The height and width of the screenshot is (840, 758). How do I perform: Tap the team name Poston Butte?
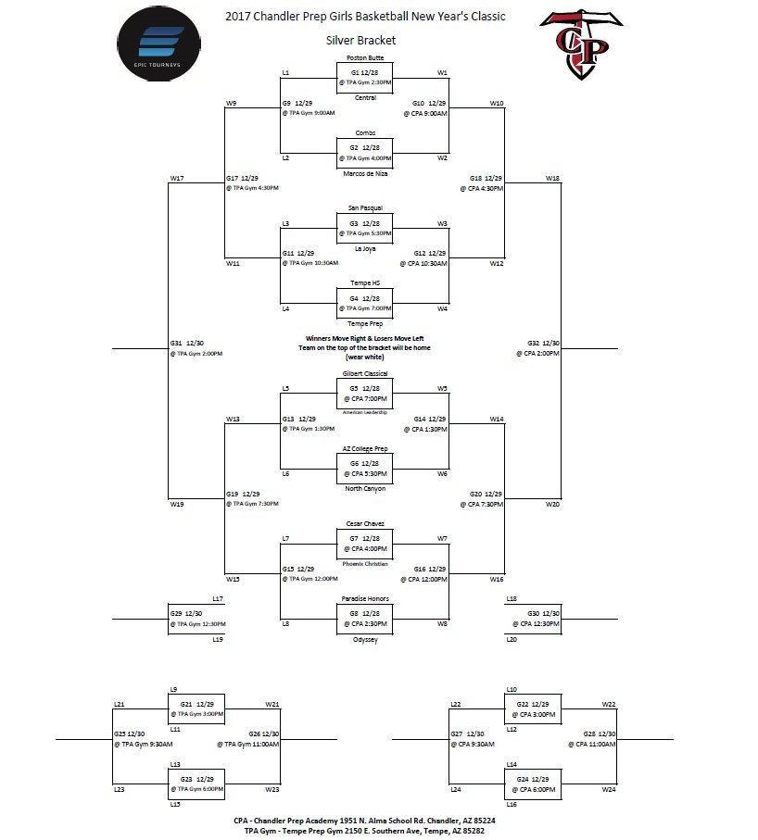(x=364, y=57)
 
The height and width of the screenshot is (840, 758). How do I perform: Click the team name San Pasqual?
(x=364, y=207)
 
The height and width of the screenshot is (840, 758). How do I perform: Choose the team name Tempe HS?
(x=364, y=282)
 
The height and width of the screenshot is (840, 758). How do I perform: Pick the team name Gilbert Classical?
(x=364, y=373)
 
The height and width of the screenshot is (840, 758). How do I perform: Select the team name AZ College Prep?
(x=364, y=448)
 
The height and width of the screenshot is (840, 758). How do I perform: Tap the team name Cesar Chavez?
(x=364, y=523)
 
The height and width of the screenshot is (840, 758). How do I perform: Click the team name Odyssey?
(x=364, y=640)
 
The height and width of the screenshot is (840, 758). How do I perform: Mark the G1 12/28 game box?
(x=364, y=77)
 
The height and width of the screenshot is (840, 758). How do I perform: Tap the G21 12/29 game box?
(x=196, y=709)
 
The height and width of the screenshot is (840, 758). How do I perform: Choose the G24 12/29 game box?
(x=534, y=784)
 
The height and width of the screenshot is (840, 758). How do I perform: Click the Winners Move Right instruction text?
(x=364, y=339)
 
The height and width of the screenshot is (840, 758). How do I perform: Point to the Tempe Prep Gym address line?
(x=364, y=831)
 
